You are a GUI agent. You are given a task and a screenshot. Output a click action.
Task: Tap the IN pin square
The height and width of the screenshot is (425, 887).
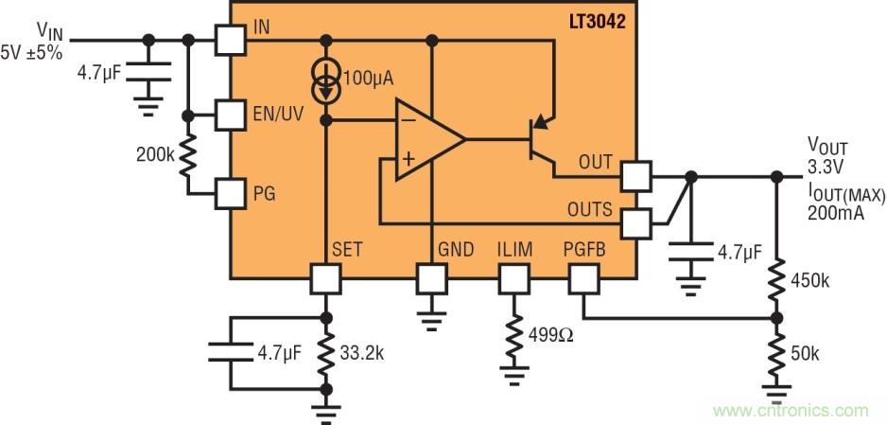(x=231, y=41)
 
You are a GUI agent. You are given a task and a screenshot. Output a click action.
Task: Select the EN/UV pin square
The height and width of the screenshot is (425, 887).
(x=231, y=115)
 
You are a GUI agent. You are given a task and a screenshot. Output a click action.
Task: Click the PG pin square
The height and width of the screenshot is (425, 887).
(x=231, y=194)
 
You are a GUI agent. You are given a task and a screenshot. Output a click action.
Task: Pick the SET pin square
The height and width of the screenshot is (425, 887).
(x=326, y=278)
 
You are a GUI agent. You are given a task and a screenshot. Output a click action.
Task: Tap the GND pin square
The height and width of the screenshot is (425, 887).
(x=432, y=278)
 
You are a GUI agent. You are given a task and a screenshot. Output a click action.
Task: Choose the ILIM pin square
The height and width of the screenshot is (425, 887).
(x=514, y=278)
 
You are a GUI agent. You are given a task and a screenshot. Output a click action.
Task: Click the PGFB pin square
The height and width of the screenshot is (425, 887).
(x=583, y=278)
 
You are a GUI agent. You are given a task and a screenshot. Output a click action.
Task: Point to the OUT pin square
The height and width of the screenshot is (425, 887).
(x=635, y=176)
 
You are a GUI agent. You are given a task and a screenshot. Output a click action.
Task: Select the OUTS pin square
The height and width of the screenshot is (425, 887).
(x=635, y=224)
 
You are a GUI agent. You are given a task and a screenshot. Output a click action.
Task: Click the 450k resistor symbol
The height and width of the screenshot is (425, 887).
(x=777, y=281)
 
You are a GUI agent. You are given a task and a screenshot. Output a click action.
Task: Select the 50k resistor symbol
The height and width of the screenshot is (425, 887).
(x=777, y=352)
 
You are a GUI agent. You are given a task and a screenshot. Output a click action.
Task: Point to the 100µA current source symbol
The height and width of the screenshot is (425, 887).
(x=327, y=82)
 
